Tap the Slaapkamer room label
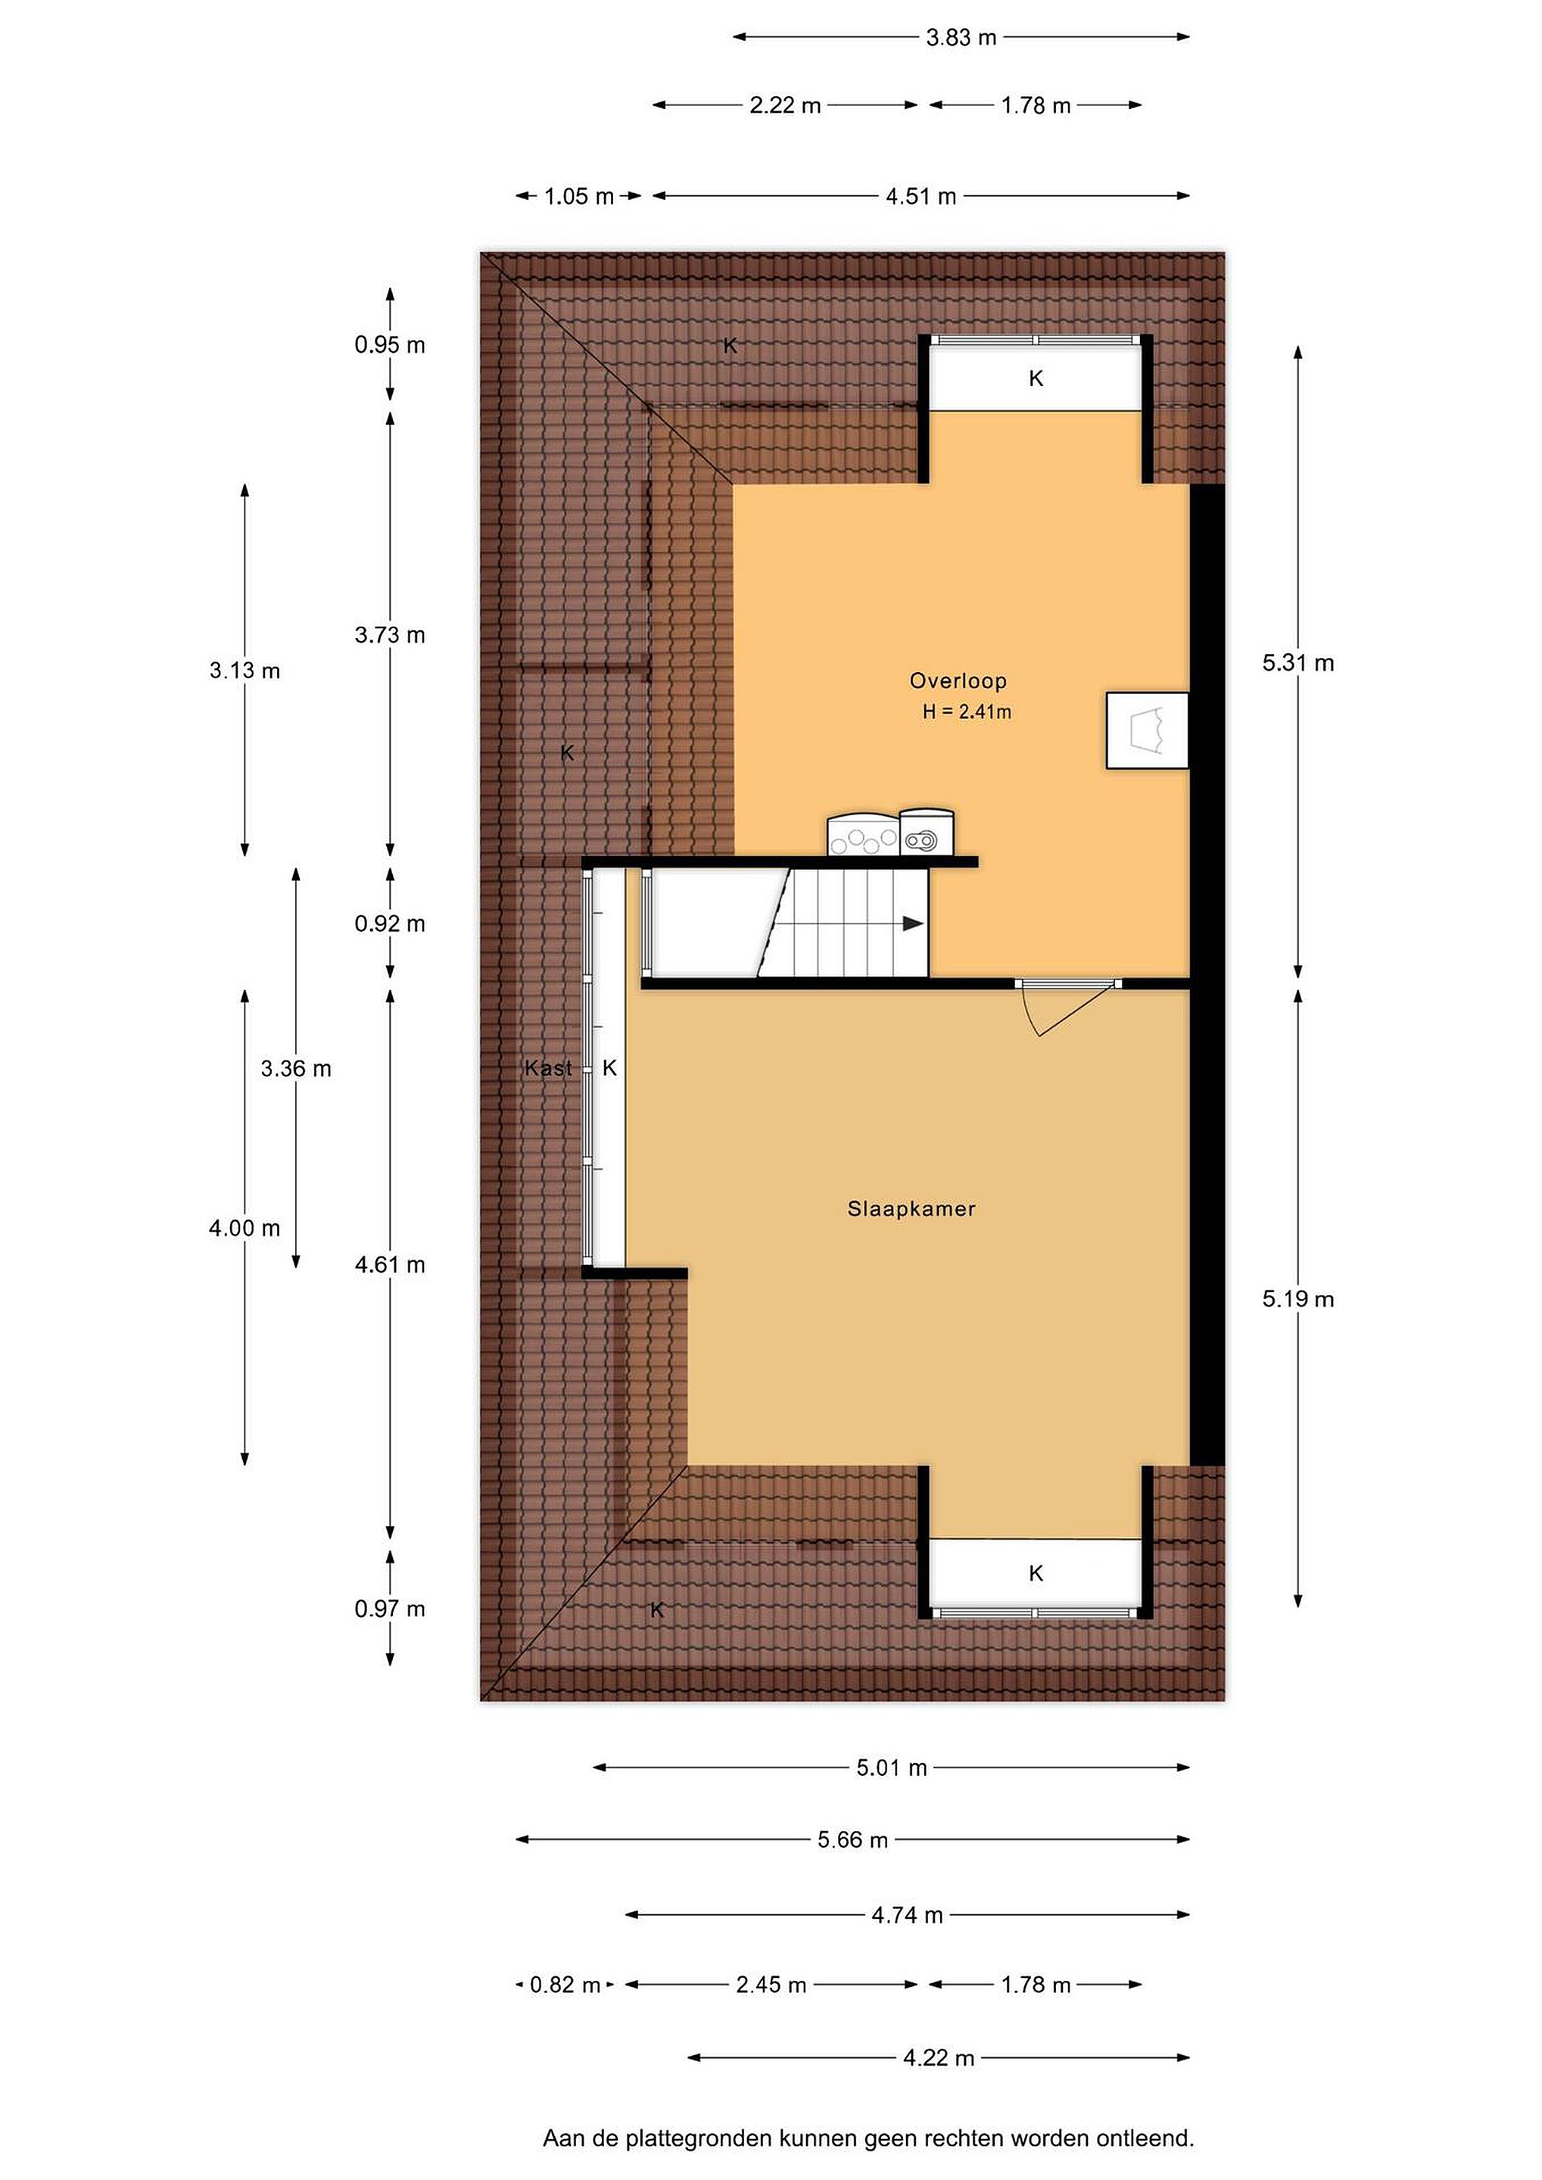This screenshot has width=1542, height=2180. pyautogui.click(x=911, y=1209)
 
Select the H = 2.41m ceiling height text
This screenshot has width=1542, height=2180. pyautogui.click(x=967, y=712)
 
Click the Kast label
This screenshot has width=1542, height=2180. pyautogui.click(x=548, y=1068)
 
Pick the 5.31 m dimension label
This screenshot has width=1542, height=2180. pyautogui.click(x=1298, y=663)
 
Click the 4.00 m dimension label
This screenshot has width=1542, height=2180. pyautogui.click(x=245, y=1228)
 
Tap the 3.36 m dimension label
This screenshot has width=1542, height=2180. pyautogui.click(x=296, y=1068)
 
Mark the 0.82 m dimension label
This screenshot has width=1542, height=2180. pyautogui.click(x=565, y=1985)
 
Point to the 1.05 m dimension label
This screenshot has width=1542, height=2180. pyautogui.click(x=579, y=197)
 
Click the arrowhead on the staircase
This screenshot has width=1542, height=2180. pyautogui.click(x=912, y=923)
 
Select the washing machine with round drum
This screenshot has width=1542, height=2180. pyautogui.click(x=927, y=832)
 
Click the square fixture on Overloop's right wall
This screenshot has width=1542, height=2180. pyautogui.click(x=1147, y=730)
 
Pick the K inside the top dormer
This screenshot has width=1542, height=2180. pyautogui.click(x=1036, y=378)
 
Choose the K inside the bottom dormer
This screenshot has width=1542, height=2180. pyautogui.click(x=1036, y=1573)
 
